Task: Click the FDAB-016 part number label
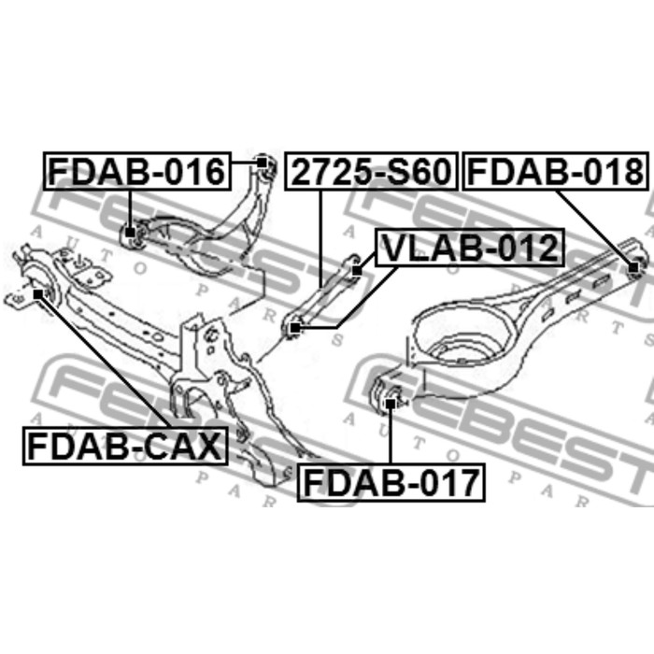point(137,171)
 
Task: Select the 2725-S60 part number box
point(371,171)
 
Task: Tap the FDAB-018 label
point(556,171)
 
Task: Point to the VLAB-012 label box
point(470,248)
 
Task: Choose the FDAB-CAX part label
point(125,446)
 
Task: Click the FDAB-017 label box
point(391,482)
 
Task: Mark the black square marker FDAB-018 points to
point(633,267)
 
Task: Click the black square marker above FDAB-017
point(391,403)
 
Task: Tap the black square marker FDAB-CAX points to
point(38,294)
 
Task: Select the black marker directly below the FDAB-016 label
point(130,232)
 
